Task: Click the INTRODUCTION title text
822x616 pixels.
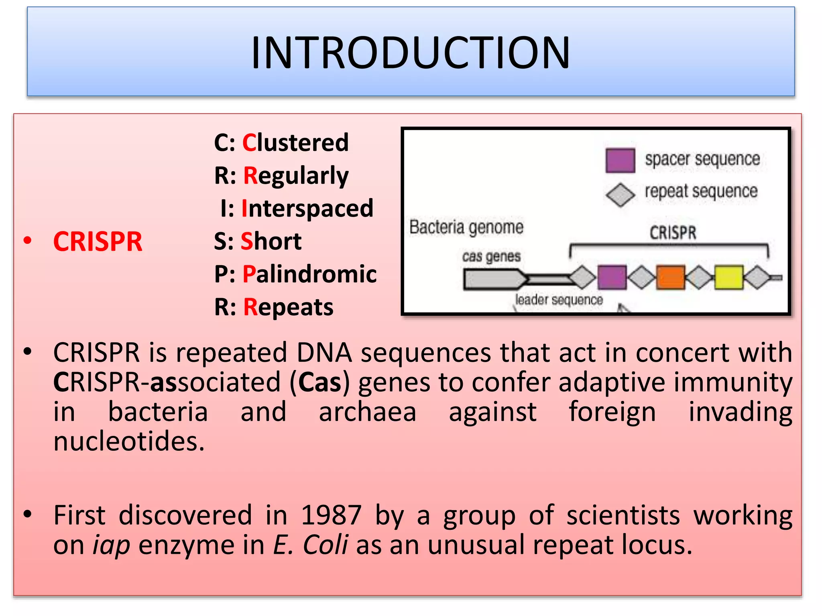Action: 410,53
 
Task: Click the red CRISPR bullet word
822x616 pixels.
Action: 98,242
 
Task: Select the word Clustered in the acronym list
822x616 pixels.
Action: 295,142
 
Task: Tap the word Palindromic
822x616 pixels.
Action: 309,274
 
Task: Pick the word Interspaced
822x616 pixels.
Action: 307,209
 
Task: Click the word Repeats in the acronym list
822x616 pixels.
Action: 288,307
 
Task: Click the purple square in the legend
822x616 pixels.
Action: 620,160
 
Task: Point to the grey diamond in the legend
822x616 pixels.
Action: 620,195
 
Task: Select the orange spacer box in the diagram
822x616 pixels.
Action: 670,277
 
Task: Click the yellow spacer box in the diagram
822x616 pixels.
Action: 728,277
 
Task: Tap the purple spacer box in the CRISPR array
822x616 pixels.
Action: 612,277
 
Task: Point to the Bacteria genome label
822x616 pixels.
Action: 466,227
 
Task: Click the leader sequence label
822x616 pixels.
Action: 559,300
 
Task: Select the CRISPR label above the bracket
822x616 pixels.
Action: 673,233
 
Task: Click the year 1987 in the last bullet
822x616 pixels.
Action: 331,515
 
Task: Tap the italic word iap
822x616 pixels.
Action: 111,545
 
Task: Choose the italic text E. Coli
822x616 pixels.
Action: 310,545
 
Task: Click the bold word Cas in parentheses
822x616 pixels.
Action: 319,382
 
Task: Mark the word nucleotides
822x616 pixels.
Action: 129,442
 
